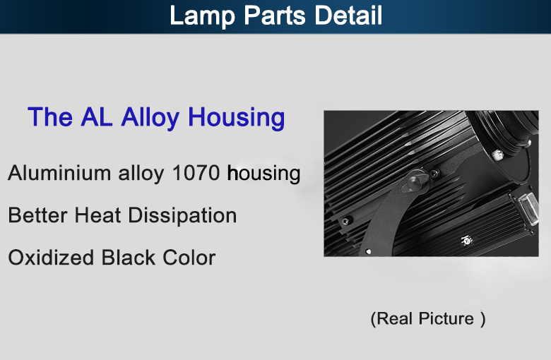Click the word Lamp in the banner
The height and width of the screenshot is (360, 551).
click(202, 16)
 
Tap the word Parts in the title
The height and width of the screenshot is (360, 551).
click(275, 15)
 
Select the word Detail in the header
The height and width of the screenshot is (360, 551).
click(348, 15)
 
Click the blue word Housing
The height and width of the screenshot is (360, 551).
click(237, 118)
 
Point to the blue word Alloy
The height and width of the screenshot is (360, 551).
click(150, 118)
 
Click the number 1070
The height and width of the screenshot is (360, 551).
click(196, 173)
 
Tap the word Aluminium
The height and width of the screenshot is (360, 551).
click(59, 173)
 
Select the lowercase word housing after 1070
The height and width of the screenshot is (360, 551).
click(263, 174)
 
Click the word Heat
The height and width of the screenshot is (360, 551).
click(97, 215)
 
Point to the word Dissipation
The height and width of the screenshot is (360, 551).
click(182, 216)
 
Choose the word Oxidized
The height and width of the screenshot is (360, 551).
click(51, 257)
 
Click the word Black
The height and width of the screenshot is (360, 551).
click(129, 257)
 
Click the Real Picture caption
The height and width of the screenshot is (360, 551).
click(428, 319)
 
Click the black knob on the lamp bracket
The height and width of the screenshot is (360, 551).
click(416, 181)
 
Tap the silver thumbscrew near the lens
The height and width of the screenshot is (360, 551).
click(497, 155)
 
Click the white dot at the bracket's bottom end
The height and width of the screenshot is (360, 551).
click(368, 251)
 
